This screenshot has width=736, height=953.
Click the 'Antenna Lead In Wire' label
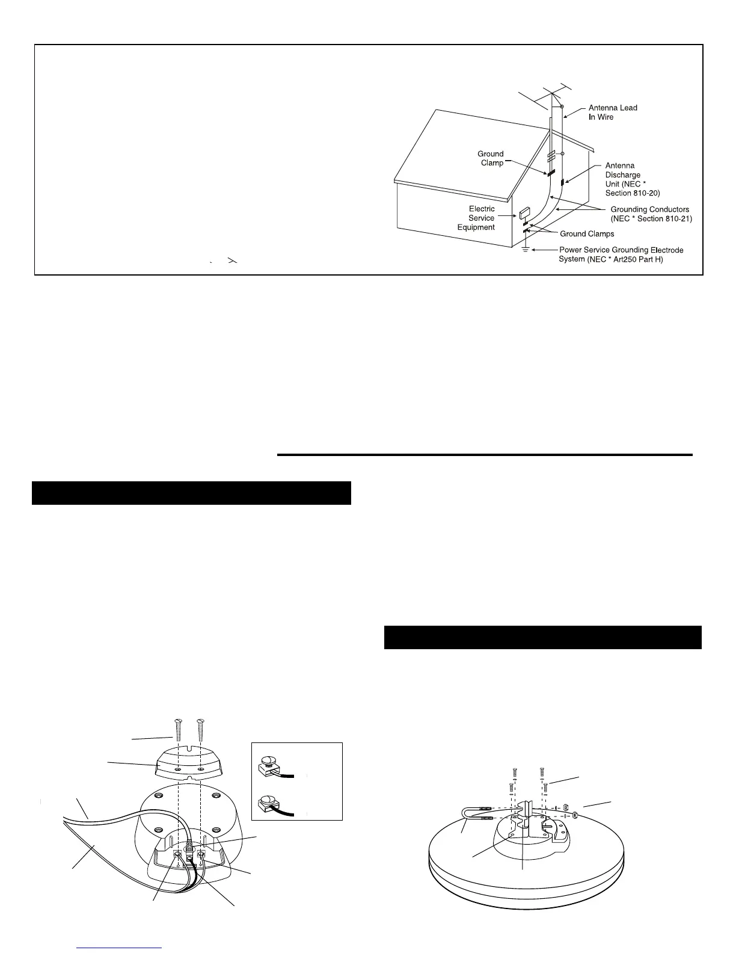(x=612, y=113)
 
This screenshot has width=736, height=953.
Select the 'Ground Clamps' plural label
(x=587, y=234)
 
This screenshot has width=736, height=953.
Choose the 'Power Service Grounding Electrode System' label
(x=621, y=254)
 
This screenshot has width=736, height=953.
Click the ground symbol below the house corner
(x=525, y=249)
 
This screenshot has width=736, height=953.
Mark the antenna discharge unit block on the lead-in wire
(x=563, y=182)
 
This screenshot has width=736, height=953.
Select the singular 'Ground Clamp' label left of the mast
(x=491, y=158)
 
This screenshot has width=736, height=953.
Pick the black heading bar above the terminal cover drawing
(x=191, y=493)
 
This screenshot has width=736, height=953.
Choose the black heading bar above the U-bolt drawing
(x=542, y=637)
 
